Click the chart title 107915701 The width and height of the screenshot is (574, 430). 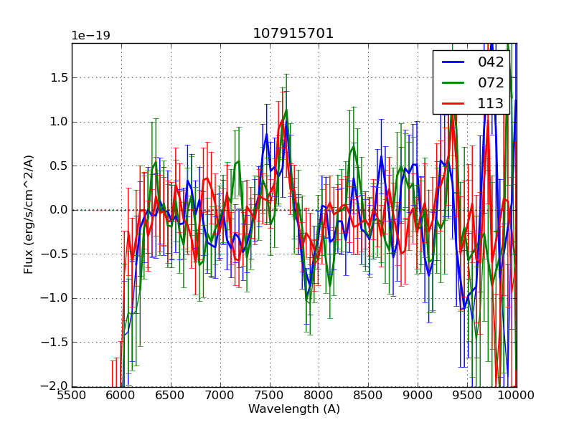(x=293, y=34)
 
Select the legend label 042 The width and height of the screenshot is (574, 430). (x=491, y=62)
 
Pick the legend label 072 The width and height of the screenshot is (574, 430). (x=491, y=82)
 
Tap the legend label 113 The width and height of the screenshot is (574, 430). (x=491, y=103)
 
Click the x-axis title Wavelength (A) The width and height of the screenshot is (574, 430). (x=294, y=409)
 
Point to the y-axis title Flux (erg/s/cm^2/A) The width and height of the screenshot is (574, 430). (x=29, y=214)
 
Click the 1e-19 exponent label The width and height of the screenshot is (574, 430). (x=90, y=36)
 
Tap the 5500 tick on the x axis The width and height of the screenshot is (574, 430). (x=72, y=395)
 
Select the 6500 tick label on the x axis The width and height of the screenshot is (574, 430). (x=171, y=395)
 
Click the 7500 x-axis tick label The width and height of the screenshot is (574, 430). (x=270, y=395)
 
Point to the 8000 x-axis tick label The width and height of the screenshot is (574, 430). (x=319, y=395)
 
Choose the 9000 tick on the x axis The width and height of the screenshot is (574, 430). (x=418, y=395)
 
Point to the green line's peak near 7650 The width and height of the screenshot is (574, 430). (x=286, y=110)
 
